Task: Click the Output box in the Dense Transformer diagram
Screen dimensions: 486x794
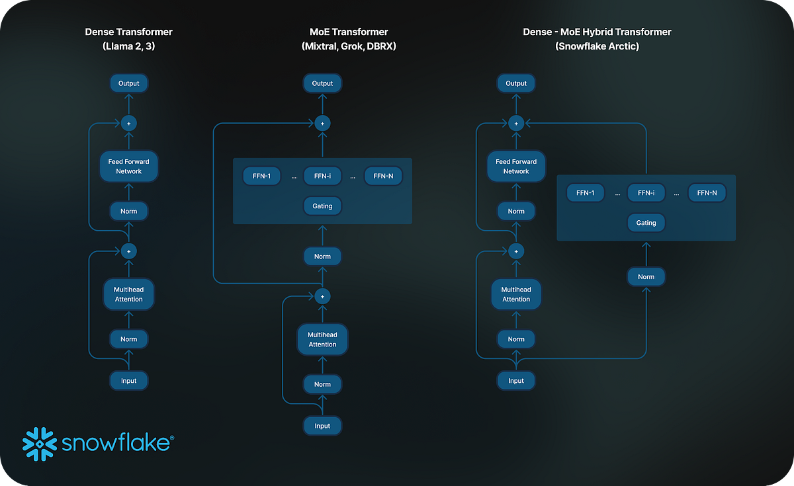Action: (129, 83)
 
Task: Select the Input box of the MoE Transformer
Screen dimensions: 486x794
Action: (322, 426)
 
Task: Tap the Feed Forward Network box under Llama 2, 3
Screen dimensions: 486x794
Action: (129, 166)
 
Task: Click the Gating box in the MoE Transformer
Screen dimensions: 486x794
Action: (322, 206)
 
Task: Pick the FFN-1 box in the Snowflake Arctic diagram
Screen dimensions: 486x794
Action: (586, 193)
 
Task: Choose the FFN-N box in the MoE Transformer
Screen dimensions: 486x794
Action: (383, 176)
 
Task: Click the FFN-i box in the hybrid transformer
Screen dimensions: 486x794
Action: (646, 193)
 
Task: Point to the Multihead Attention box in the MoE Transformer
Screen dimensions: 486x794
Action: (322, 339)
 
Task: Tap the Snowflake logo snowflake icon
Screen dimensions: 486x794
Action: (40, 443)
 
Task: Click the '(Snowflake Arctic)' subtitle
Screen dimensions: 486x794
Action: (597, 47)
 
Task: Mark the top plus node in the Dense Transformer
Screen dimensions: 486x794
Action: (129, 123)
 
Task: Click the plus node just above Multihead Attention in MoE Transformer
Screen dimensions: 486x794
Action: (322, 297)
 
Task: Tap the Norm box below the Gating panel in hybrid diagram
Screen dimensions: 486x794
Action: (646, 277)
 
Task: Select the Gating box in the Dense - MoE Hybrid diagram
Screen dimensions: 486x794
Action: (646, 223)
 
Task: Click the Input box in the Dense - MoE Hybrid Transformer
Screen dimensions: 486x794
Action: (516, 380)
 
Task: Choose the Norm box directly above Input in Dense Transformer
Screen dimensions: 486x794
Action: (129, 339)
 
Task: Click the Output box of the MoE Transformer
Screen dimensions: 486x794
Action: (322, 83)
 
